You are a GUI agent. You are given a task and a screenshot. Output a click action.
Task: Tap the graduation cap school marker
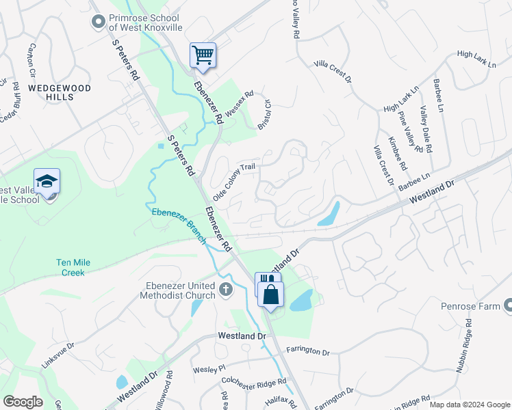(47, 182)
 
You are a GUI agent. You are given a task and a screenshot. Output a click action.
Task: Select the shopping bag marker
(271, 295)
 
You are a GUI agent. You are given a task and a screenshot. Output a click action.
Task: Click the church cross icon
(227, 290)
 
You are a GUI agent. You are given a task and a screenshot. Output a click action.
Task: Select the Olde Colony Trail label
(234, 181)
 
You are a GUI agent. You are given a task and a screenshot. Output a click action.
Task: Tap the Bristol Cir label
(264, 115)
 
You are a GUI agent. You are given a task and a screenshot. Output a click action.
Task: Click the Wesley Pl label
(209, 369)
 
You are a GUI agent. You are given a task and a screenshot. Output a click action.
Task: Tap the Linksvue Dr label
(57, 355)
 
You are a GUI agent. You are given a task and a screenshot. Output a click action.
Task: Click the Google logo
(23, 401)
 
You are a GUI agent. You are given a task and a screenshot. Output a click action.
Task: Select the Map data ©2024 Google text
(470, 405)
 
